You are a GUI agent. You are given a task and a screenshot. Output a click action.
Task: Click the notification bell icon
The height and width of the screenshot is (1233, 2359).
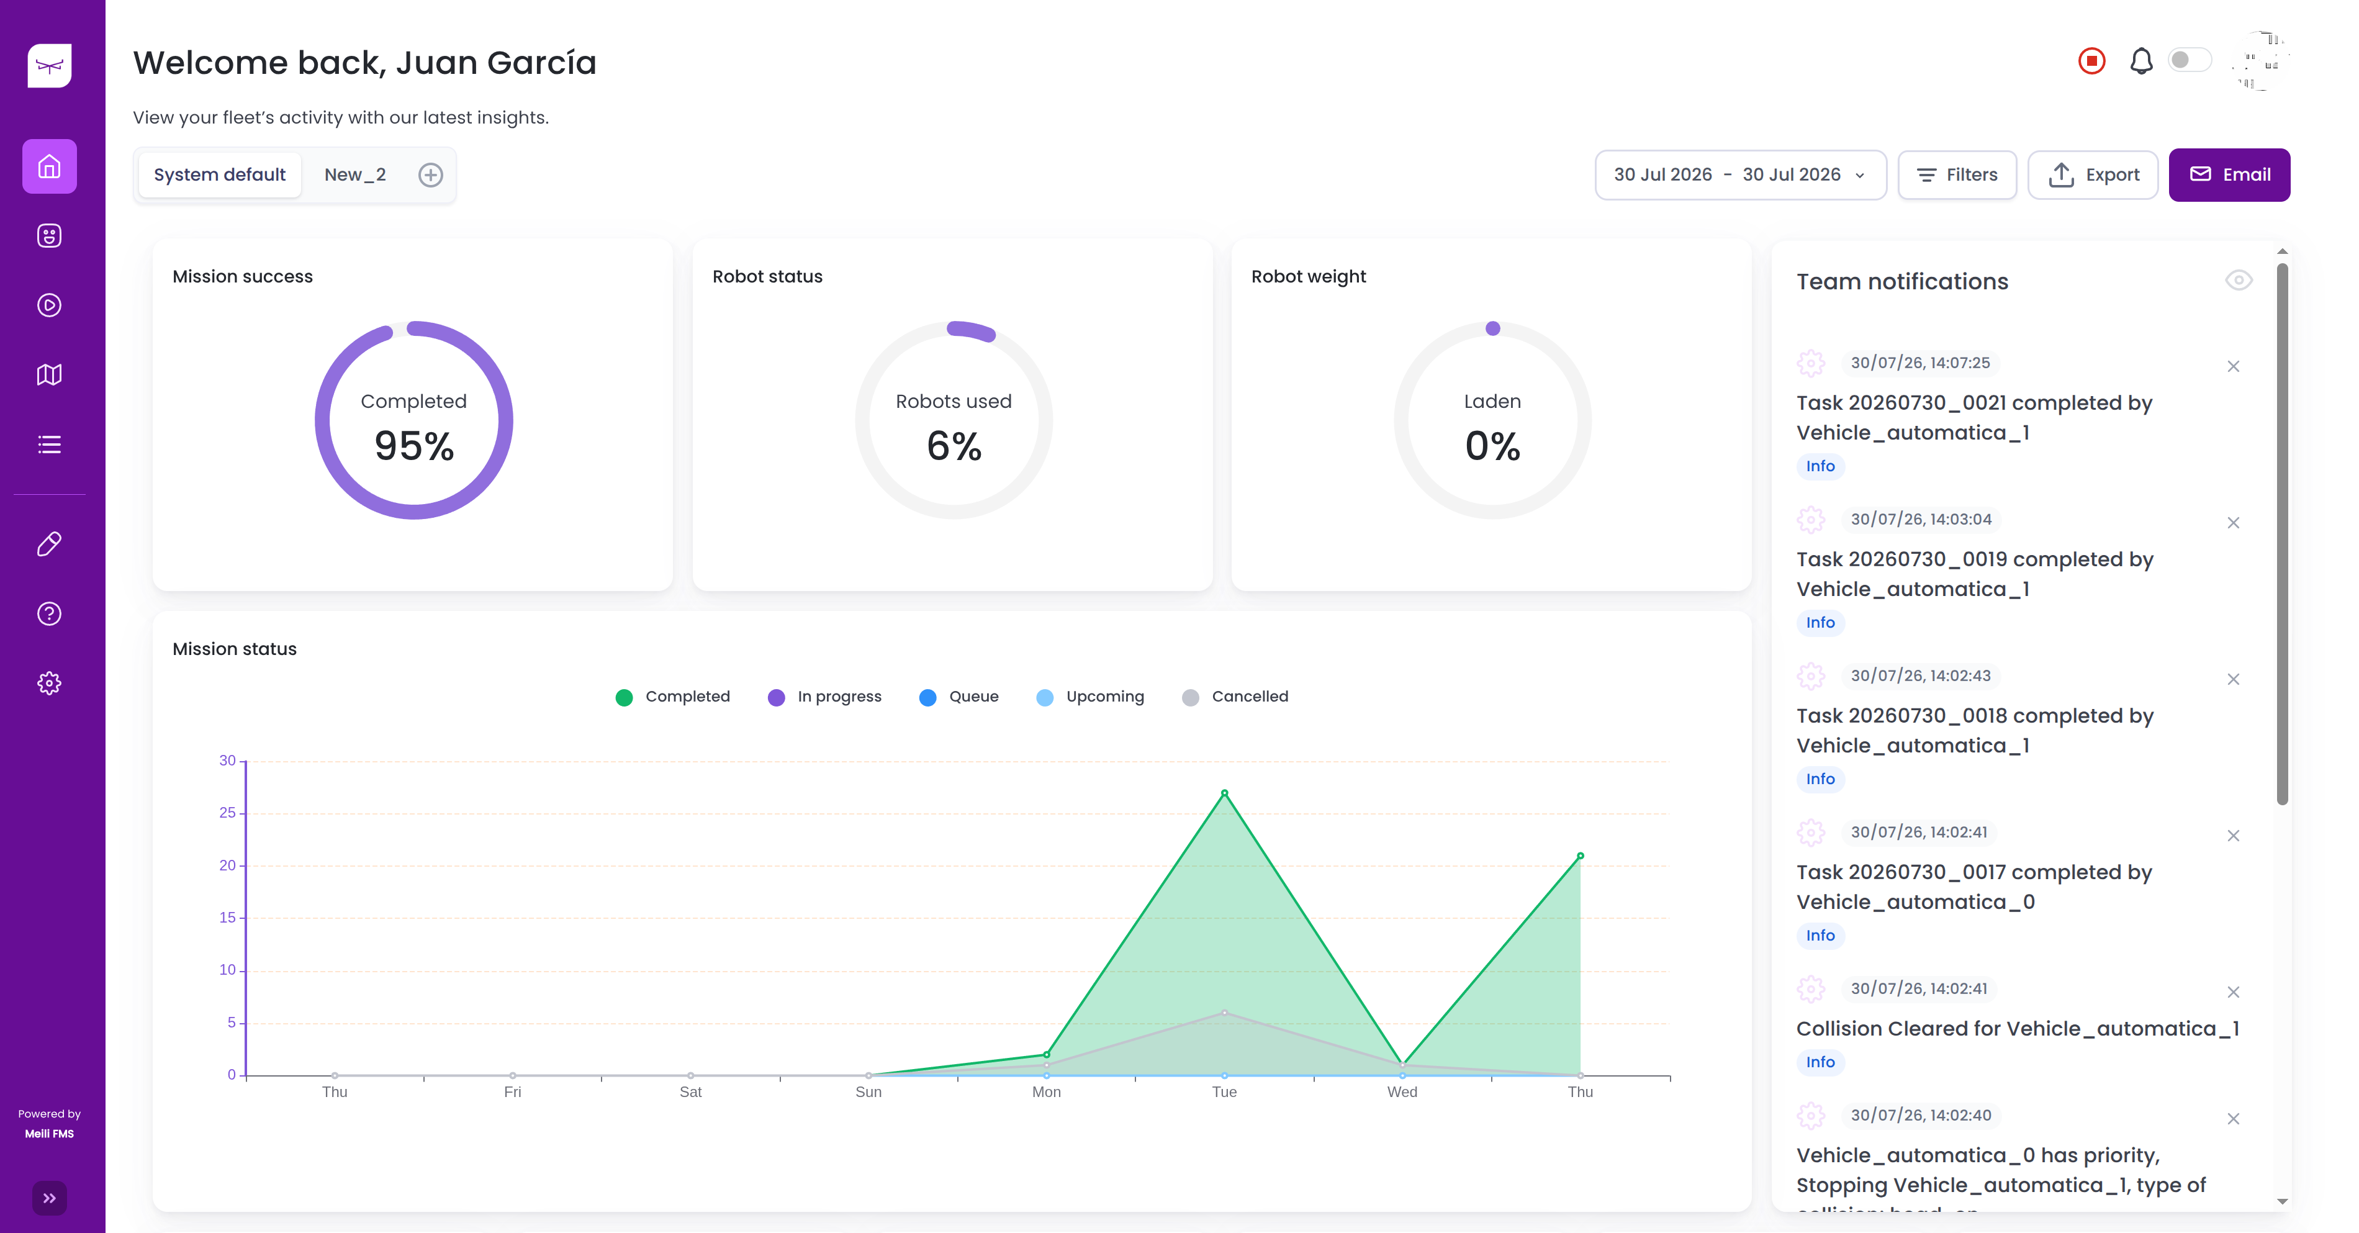tap(2141, 61)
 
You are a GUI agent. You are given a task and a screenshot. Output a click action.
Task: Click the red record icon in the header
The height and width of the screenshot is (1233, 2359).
tap(2091, 61)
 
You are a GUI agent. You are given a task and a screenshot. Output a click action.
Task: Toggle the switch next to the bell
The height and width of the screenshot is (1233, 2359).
tap(2190, 60)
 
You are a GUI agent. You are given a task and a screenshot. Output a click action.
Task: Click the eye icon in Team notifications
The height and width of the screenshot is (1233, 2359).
tap(2238, 280)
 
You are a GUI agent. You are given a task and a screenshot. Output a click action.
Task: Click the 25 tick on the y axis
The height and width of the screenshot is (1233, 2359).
tap(227, 813)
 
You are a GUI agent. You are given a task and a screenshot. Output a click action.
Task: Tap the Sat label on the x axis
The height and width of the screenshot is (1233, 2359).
tap(690, 1092)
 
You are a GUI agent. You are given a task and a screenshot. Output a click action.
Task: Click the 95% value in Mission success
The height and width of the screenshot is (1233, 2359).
tap(414, 446)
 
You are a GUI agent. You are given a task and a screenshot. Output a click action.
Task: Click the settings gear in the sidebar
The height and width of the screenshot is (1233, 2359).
tap(50, 684)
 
